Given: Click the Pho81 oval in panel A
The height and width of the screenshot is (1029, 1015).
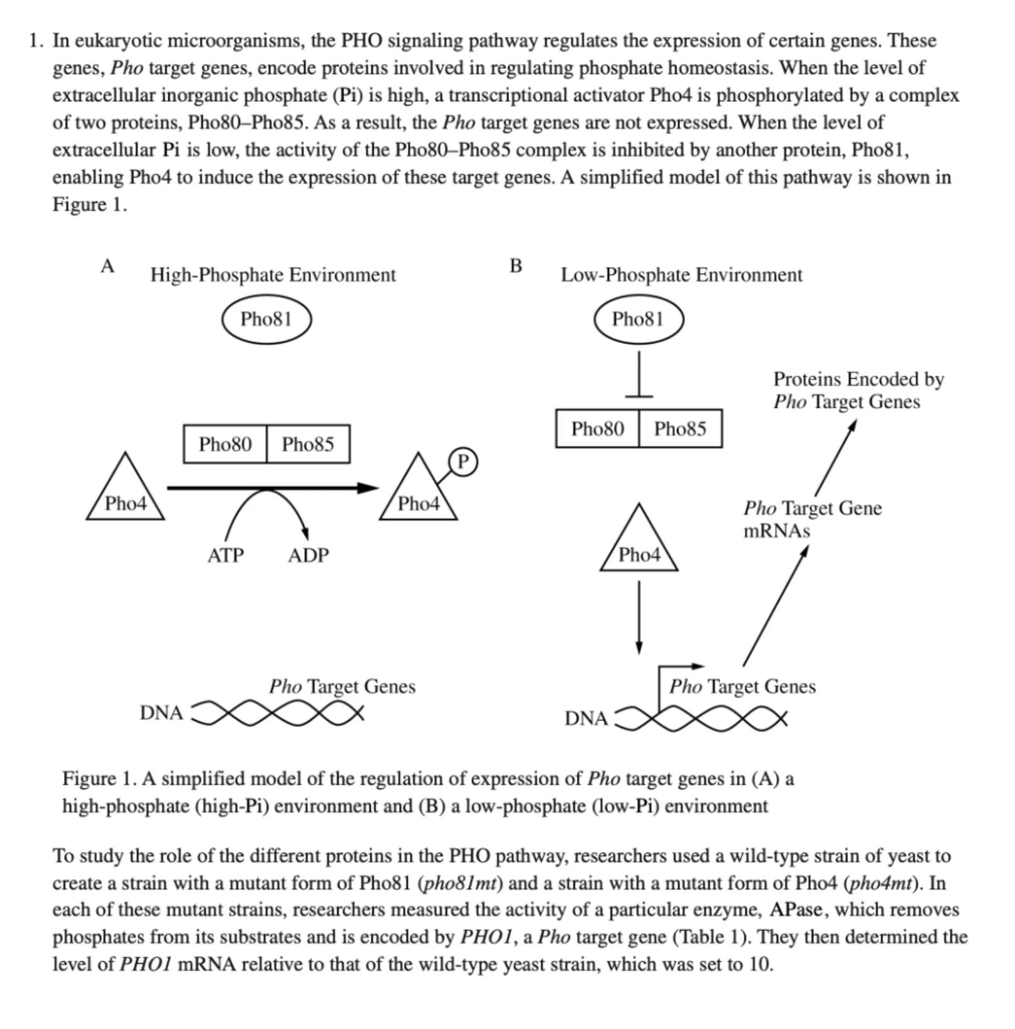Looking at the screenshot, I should (266, 319).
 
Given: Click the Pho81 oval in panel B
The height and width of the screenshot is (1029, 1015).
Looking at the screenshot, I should (639, 319).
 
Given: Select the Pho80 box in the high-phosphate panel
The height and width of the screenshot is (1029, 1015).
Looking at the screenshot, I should (225, 444).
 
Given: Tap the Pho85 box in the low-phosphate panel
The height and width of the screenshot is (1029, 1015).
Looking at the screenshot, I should (680, 428).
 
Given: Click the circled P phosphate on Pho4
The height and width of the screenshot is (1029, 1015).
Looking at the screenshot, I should (463, 462).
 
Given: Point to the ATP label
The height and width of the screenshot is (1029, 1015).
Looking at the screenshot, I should (225, 555).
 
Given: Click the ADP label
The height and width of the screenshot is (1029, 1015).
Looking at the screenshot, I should (308, 555).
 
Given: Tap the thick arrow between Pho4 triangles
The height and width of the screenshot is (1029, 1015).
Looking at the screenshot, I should (270, 487).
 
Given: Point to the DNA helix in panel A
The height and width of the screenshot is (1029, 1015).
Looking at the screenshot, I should (277, 713).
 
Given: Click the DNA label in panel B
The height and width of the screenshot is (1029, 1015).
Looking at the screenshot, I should (586, 718).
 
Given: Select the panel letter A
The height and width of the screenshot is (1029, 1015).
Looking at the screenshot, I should (107, 266).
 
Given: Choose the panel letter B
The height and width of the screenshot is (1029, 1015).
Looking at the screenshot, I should (515, 266).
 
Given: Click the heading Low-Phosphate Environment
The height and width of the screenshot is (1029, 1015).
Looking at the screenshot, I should (681, 275).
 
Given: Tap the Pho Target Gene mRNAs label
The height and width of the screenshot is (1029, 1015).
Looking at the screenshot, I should (812, 519).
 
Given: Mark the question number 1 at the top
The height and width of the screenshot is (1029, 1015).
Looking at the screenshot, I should (35, 41).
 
